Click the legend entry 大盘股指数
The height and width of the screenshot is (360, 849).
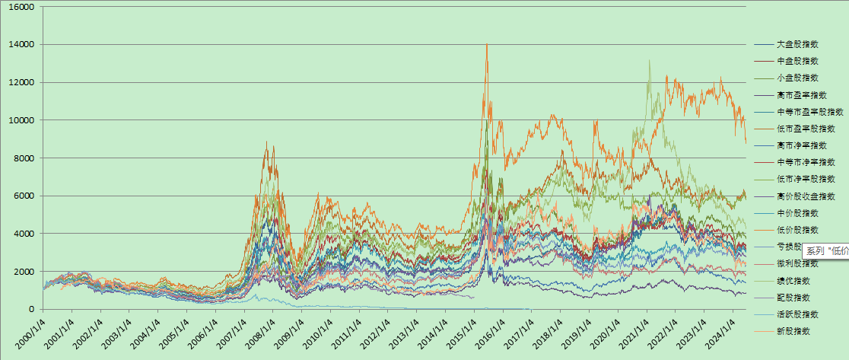coord(797,44)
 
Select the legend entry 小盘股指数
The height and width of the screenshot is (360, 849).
coord(797,78)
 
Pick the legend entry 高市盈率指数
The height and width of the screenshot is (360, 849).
coord(800,94)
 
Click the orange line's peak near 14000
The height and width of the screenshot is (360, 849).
coord(487,44)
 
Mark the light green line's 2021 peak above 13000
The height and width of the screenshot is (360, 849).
coord(649,60)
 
